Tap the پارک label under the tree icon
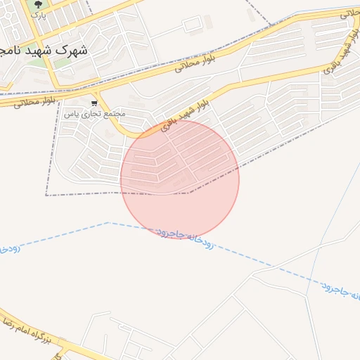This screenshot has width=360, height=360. coord(39,14)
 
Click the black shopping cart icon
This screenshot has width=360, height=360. coord(94,103)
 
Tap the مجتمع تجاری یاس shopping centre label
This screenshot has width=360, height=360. coord(94,113)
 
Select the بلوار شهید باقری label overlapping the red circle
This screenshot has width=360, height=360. coord(184,115)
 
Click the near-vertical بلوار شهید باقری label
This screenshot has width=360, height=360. coord(345,52)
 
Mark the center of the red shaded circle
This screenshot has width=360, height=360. coord(180,179)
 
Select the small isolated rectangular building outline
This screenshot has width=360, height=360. coord(192,25)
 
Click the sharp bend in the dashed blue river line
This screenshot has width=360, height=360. coord(108,223)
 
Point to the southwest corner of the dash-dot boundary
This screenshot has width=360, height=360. coord(46,195)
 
